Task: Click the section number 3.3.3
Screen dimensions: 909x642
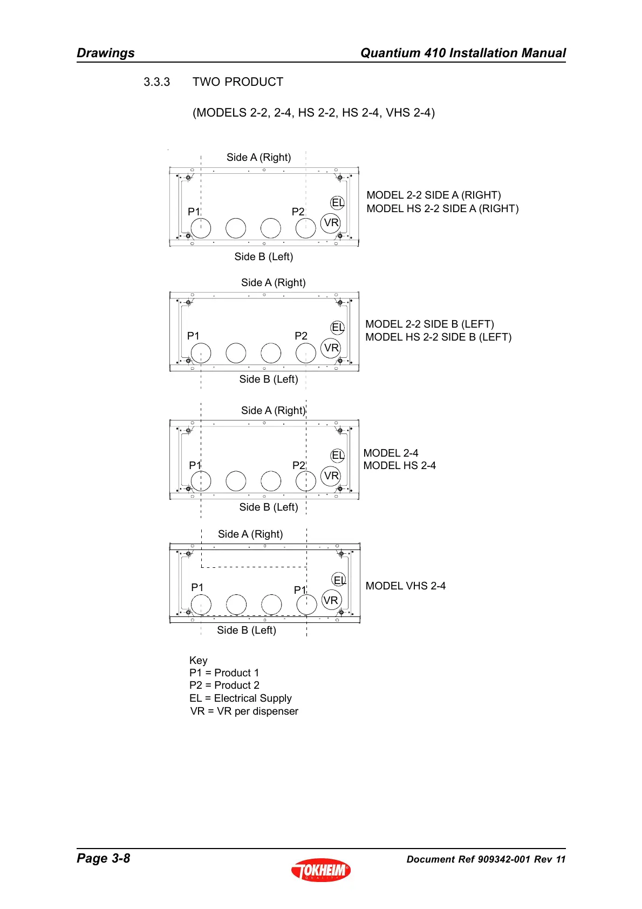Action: (x=156, y=82)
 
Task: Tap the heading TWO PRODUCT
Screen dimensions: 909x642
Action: (x=237, y=82)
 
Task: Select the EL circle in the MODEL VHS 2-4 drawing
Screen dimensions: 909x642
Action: (x=339, y=580)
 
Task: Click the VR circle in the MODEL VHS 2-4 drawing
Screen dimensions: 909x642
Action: (x=331, y=600)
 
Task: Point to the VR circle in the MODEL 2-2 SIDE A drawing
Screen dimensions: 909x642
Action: (x=331, y=222)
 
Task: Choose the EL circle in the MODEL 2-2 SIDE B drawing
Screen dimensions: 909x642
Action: (x=338, y=327)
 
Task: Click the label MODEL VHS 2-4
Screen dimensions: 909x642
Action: (x=405, y=586)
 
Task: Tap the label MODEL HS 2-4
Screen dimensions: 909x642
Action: (x=399, y=465)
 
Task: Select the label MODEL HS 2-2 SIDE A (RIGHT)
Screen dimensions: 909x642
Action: (x=442, y=208)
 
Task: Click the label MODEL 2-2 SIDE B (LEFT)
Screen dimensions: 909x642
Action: (x=429, y=324)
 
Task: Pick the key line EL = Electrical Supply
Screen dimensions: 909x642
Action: (x=240, y=698)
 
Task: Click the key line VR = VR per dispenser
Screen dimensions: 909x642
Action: (x=244, y=711)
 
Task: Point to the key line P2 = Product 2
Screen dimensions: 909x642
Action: (x=224, y=685)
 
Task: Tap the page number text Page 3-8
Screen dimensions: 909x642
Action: (x=104, y=858)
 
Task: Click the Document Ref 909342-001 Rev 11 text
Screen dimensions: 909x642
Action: (x=486, y=859)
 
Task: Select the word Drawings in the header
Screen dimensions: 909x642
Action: (x=106, y=53)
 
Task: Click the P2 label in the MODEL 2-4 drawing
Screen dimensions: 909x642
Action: (x=298, y=465)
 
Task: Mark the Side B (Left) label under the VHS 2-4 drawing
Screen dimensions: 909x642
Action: (x=246, y=630)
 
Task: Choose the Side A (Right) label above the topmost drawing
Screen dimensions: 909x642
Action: (x=258, y=157)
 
